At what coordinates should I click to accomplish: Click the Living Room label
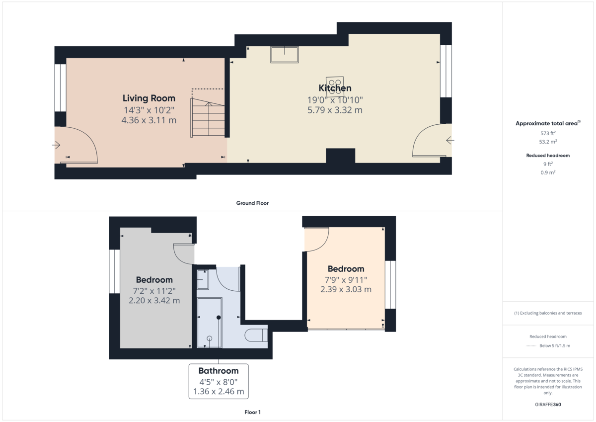click(149, 98)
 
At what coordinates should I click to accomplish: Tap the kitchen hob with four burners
click(334, 83)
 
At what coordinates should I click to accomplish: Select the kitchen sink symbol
click(284, 54)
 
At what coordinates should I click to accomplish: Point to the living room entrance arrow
click(56, 145)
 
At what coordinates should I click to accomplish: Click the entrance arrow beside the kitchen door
click(450, 141)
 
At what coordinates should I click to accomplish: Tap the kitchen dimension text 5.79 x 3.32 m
click(335, 110)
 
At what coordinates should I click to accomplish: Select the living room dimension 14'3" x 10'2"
click(149, 110)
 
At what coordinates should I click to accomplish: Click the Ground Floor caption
click(252, 203)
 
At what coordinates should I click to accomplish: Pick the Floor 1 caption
click(252, 412)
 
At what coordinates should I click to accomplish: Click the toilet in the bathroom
click(257, 336)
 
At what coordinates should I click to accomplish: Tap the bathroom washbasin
click(203, 280)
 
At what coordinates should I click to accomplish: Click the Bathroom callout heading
click(219, 371)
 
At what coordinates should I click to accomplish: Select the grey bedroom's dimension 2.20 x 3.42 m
click(154, 301)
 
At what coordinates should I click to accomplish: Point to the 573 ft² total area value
click(548, 133)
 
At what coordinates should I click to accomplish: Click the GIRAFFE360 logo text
click(548, 405)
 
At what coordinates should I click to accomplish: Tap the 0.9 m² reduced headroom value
click(548, 172)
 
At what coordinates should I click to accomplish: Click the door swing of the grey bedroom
click(184, 253)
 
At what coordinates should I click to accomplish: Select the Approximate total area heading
click(547, 123)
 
